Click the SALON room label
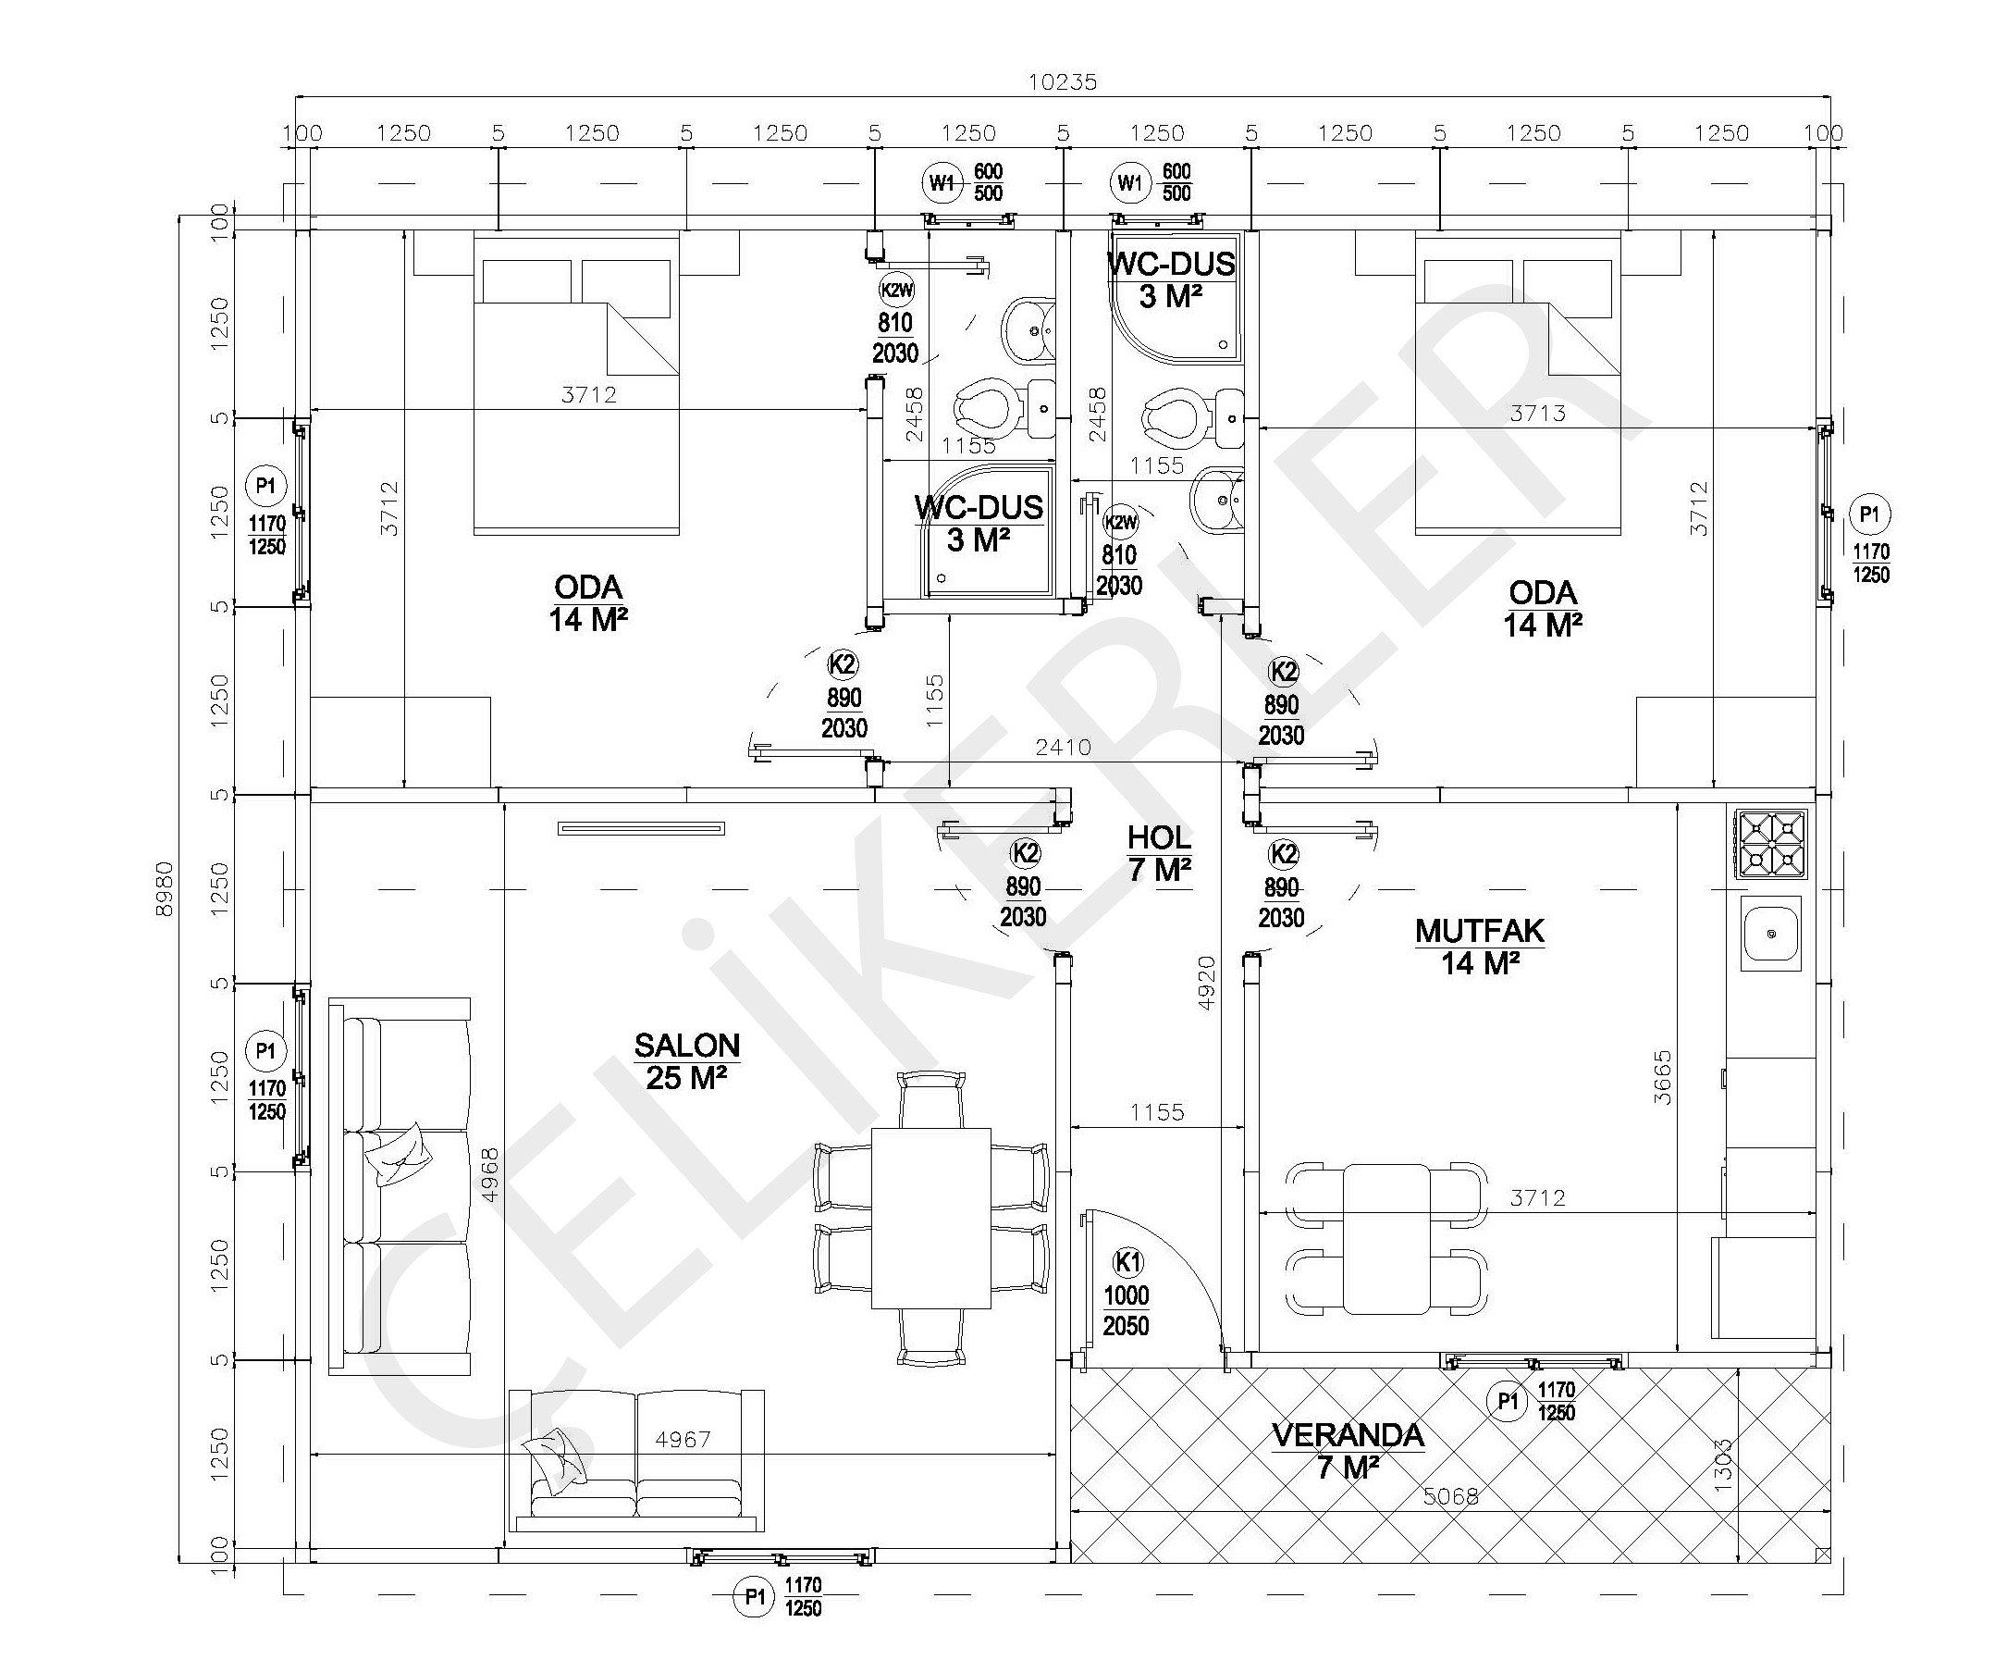coord(687,1047)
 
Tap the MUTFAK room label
coord(1479,931)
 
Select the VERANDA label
coord(1348,1436)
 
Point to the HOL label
coord(1159,838)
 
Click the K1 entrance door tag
coord(1127,1263)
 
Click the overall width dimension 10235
coord(1062,82)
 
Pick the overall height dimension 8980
coord(166,888)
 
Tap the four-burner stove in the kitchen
coord(1771,844)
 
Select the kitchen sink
coord(1771,933)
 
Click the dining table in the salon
coord(931,1218)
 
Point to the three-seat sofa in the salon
coord(400,1186)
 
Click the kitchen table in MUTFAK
coord(1387,1239)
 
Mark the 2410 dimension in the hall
coord(1063,748)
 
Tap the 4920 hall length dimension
coord(1204,984)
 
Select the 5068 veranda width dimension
coord(1450,1496)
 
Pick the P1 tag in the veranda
coord(1508,1402)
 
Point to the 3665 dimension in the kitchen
coord(1663,1076)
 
